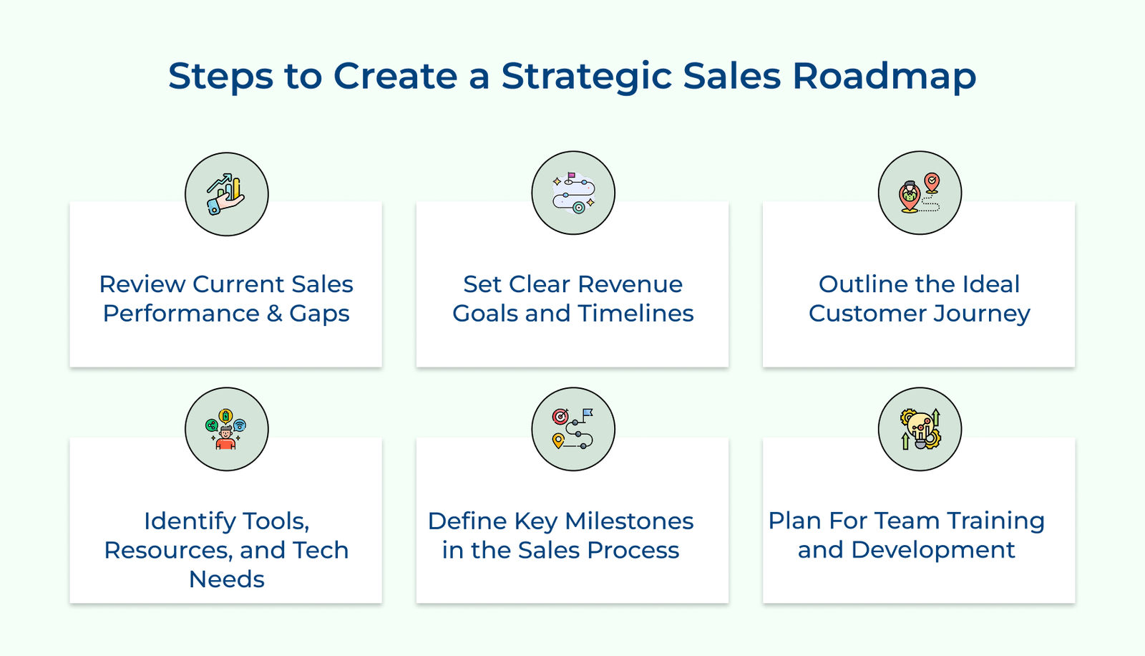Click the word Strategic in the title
coord(586,77)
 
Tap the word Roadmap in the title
coord(884,75)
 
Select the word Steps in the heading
coord(220,77)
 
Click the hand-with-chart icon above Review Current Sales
coord(226,194)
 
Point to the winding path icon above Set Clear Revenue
coord(573,193)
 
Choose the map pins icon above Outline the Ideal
coord(920,193)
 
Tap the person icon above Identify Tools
coord(226,429)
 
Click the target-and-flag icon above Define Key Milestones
coord(573,429)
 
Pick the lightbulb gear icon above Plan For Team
coord(920,429)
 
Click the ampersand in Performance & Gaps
coord(275,314)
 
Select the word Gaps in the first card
coord(319,314)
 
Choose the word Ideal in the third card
coord(990,284)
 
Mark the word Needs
coord(226,579)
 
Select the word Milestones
coord(629,521)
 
